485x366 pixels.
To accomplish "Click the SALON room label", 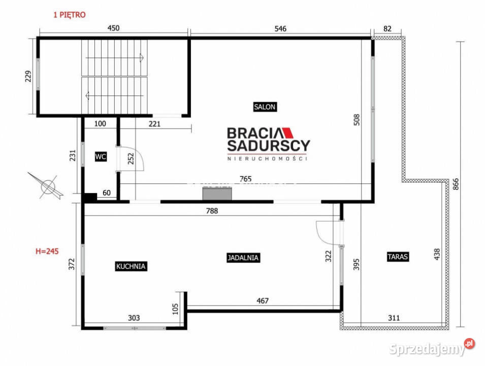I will [265, 107].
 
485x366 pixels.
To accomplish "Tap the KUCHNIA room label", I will [131, 266].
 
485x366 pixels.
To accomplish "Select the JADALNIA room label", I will [243, 258].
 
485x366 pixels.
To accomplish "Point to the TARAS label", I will [398, 257].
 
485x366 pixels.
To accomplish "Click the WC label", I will [101, 157].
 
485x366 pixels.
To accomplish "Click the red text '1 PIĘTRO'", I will [70, 15].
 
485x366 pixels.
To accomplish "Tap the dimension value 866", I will [455, 182].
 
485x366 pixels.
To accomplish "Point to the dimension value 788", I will [212, 210].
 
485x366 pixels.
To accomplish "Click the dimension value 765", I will [246, 178].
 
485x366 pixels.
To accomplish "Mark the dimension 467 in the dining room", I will [262, 301].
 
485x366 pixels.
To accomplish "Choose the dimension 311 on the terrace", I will [394, 318].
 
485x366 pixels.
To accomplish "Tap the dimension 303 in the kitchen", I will [134, 318].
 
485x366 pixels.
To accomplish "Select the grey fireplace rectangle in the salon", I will [217, 194].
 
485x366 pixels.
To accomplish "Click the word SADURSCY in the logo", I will [268, 146].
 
